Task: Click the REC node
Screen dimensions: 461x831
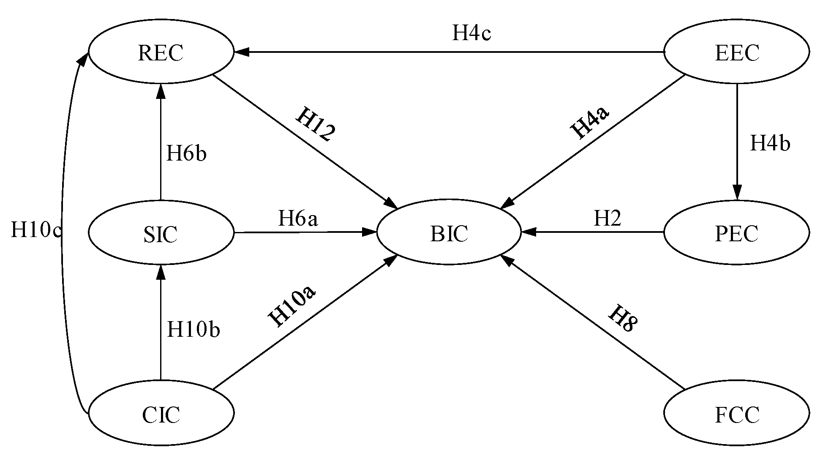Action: pyautogui.click(x=161, y=52)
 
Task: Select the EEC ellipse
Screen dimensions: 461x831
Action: pyautogui.click(x=737, y=52)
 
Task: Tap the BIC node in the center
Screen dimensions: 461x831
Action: pyautogui.click(x=449, y=233)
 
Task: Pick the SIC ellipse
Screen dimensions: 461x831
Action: pyautogui.click(x=161, y=233)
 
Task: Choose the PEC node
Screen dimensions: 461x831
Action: pyautogui.click(x=737, y=233)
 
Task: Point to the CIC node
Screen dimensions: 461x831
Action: pyautogui.click(x=161, y=413)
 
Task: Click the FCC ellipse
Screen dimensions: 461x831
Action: pyautogui.click(x=737, y=413)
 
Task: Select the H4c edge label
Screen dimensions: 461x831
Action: pyautogui.click(x=471, y=33)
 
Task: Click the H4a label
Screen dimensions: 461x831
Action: pyautogui.click(x=590, y=122)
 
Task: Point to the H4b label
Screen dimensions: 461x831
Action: pyautogui.click(x=770, y=143)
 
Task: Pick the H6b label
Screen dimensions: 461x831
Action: pyautogui.click(x=186, y=153)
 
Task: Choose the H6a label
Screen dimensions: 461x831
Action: pyautogui.click(x=298, y=218)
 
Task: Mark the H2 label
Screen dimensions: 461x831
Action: pyautogui.click(x=608, y=218)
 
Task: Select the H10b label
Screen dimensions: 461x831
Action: pyautogui.click(x=193, y=329)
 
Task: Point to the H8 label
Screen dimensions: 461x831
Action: pyautogui.click(x=623, y=318)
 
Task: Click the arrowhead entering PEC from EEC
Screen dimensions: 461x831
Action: pyautogui.click(x=737, y=193)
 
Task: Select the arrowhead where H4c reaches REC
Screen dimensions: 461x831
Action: pyautogui.click(x=242, y=52)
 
